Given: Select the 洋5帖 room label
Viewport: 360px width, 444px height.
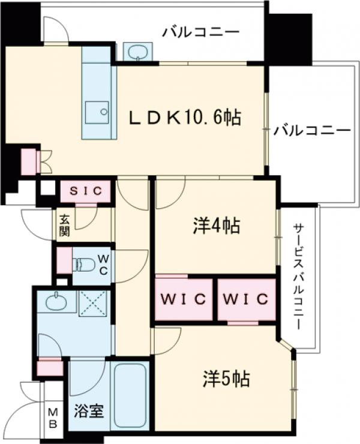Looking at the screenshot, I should [226, 379].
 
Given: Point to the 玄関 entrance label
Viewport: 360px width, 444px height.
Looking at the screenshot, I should [64, 225].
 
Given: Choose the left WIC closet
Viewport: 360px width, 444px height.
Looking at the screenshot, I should [184, 298].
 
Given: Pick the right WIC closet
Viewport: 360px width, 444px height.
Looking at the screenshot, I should [247, 298].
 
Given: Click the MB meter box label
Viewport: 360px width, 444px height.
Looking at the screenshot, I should [53, 418].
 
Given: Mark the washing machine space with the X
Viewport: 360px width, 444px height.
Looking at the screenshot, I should [93, 303].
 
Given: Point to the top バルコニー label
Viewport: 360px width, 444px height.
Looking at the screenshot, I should [200, 32].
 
